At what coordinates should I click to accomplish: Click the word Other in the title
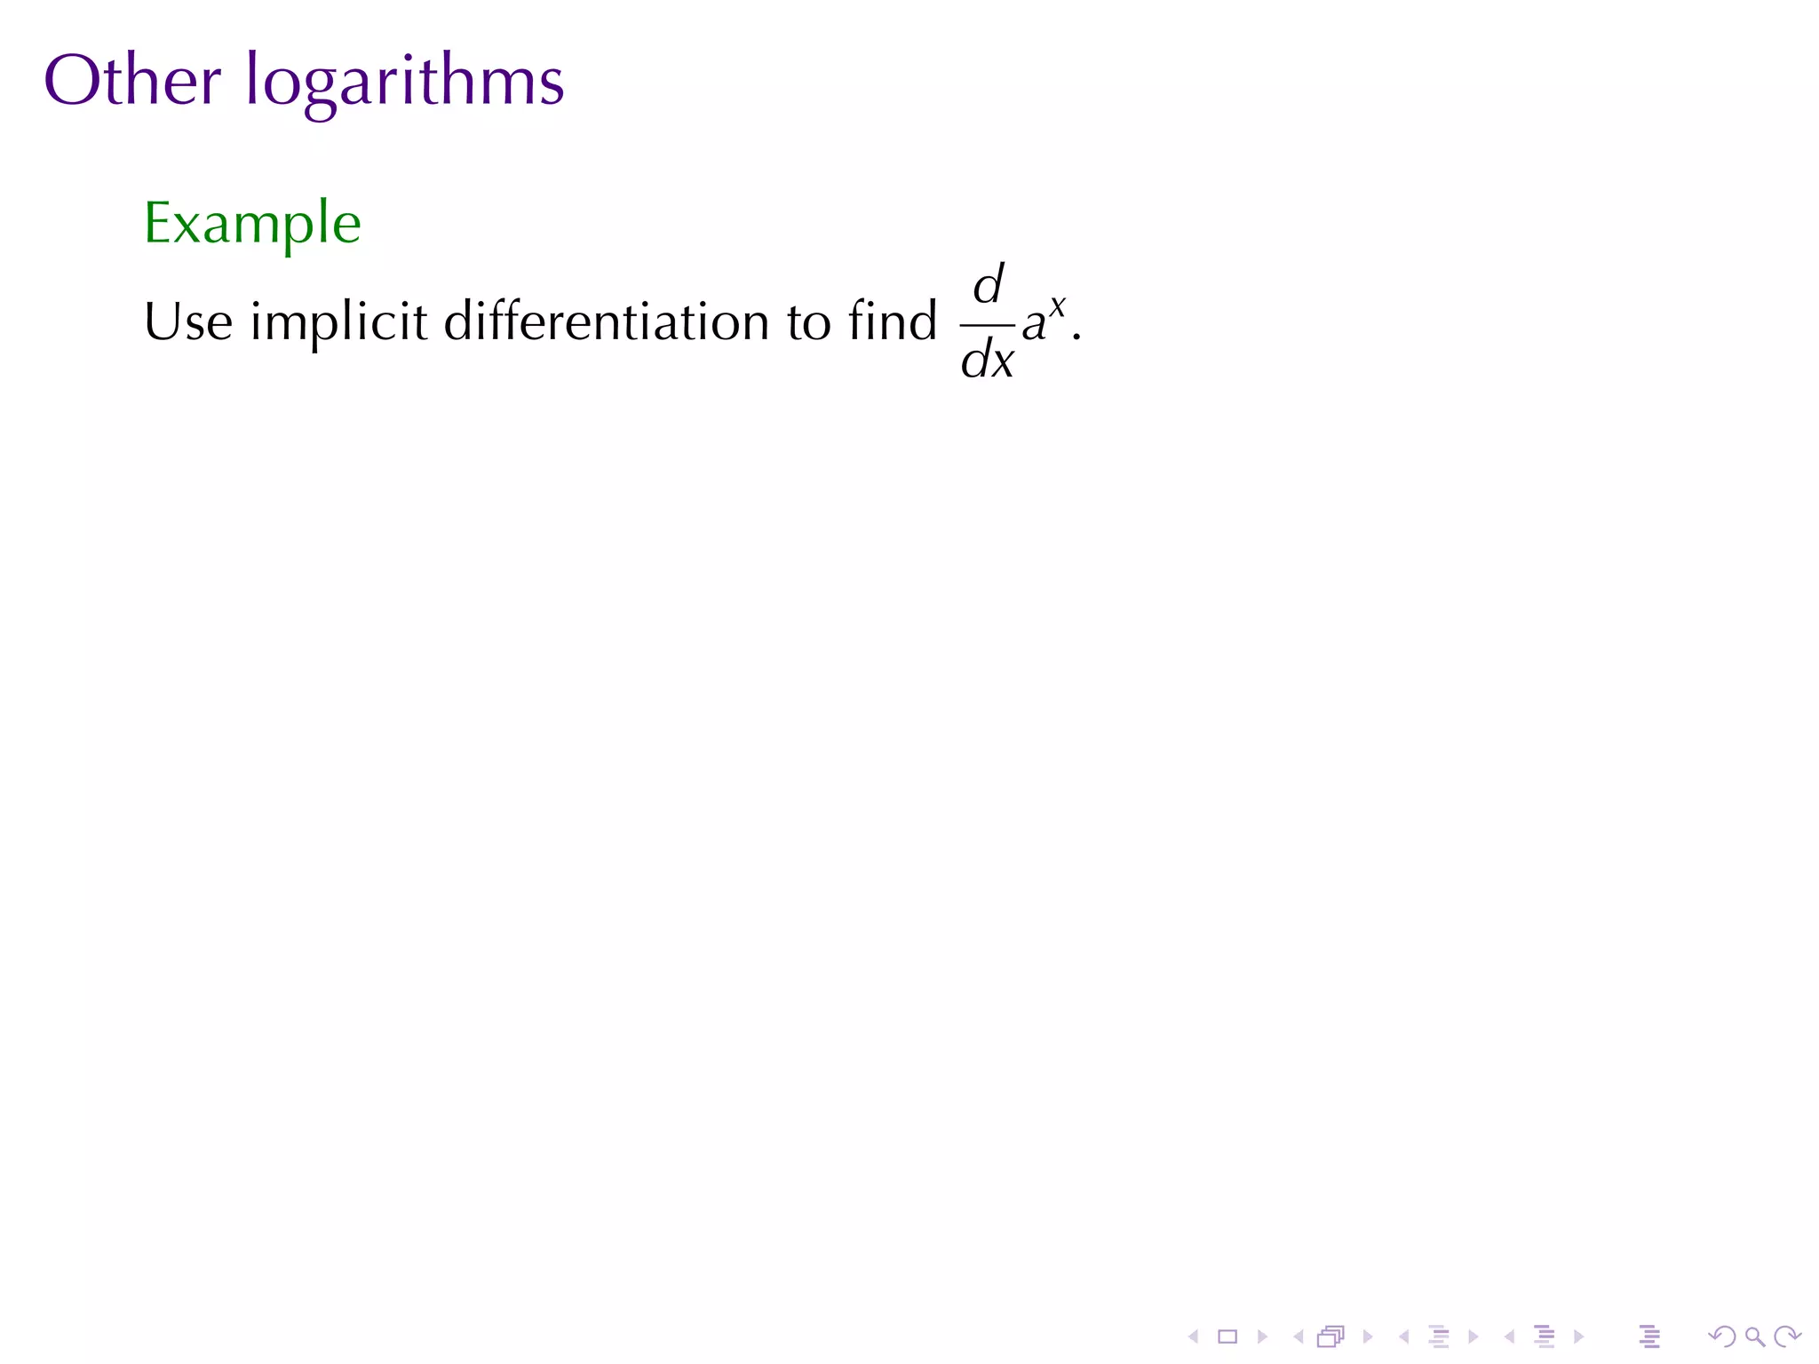click(131, 81)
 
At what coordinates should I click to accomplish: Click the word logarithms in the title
click(404, 83)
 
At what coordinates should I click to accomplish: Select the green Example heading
click(252, 224)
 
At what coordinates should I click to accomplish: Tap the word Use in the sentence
click(188, 321)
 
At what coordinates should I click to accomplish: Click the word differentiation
click(606, 321)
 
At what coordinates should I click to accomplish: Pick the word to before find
click(808, 322)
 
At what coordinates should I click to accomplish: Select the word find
click(893, 321)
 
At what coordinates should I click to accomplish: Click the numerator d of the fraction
click(989, 285)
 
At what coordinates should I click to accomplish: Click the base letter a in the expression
click(1033, 324)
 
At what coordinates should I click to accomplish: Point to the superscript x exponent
click(1056, 306)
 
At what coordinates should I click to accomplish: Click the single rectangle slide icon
click(1227, 1336)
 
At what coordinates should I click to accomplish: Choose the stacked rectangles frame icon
click(1330, 1336)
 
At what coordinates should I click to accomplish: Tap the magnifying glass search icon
click(1754, 1336)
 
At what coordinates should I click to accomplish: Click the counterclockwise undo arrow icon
click(1721, 1336)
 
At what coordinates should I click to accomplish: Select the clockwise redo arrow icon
click(1786, 1336)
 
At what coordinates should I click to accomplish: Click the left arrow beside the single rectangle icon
click(1194, 1336)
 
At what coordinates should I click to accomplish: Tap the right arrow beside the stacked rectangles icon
click(1368, 1336)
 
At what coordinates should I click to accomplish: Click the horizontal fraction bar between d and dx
click(987, 325)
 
